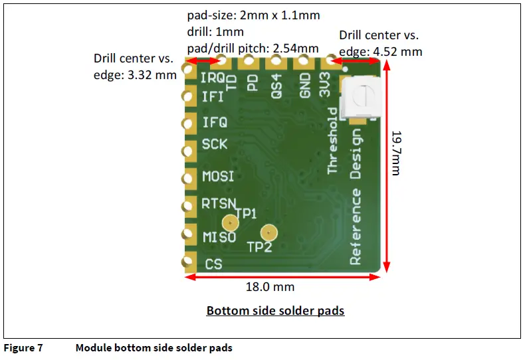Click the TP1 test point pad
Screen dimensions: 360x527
[x=230, y=224]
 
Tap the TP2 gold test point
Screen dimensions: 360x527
[x=268, y=232]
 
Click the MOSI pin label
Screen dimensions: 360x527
[x=218, y=177]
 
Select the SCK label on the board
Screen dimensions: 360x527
[x=215, y=144]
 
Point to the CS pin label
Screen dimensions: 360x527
[x=213, y=264]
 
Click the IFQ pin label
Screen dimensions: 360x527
[x=215, y=122]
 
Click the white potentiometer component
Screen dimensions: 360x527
[x=360, y=98]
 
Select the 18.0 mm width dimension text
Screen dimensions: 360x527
[x=270, y=287]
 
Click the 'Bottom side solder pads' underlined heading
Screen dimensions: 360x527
[x=275, y=310]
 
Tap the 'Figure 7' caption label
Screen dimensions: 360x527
[x=23, y=347]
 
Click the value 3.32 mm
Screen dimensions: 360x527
[x=152, y=75]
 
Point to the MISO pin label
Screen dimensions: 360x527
[x=219, y=236]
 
